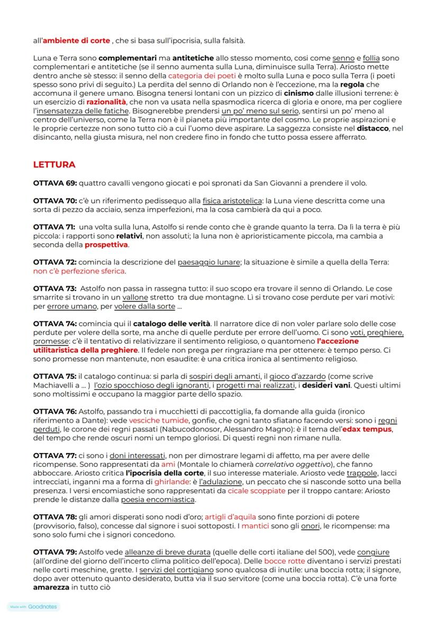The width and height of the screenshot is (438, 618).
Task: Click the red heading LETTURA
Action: coord(54,165)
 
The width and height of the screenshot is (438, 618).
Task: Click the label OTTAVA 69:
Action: coord(55,183)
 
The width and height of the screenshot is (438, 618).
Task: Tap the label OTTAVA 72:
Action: coord(55,262)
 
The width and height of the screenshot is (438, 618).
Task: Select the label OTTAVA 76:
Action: coord(55,412)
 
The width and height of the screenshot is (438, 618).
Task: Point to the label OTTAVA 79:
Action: coord(55,550)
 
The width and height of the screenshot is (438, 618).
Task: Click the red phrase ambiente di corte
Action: coord(77,41)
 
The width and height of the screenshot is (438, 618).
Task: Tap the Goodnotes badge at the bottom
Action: coord(33,607)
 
